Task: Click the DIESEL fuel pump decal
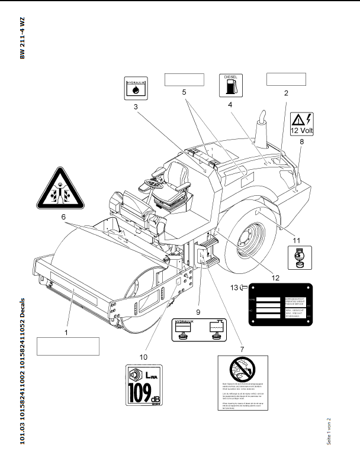coord(231,85)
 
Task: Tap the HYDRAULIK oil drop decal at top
coord(136,88)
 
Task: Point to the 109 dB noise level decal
coord(144,385)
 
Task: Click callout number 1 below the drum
coord(66,333)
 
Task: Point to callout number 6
coord(63,217)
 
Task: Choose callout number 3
coord(135,107)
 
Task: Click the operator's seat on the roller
coord(176,183)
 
